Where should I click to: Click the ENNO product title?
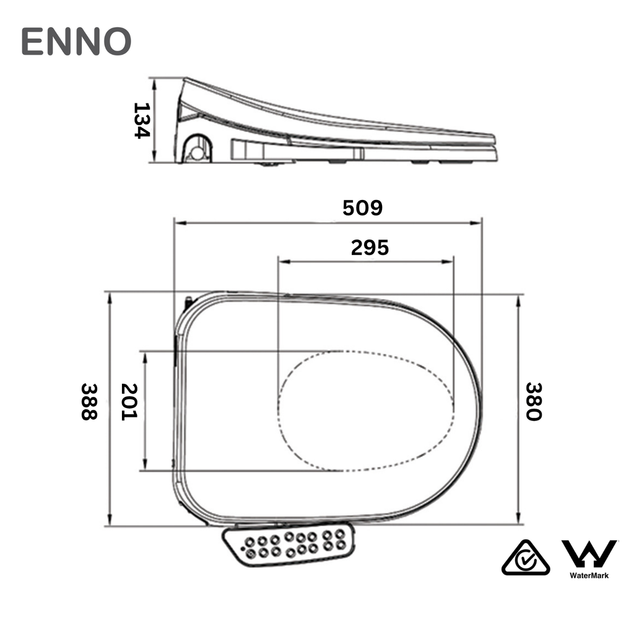click(76, 42)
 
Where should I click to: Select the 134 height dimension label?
click(142, 120)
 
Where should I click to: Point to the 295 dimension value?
click(370, 247)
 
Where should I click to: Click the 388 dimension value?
click(89, 401)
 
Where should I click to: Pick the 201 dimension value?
click(128, 401)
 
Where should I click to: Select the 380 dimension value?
click(533, 401)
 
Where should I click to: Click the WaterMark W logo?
click(589, 554)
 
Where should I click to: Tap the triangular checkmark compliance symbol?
click(526, 557)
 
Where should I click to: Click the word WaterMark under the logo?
click(589, 575)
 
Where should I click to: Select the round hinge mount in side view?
click(198, 150)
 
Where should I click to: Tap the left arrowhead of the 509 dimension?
click(178, 222)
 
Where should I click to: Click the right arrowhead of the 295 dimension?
click(450, 262)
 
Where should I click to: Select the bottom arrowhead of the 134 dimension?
click(155, 160)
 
